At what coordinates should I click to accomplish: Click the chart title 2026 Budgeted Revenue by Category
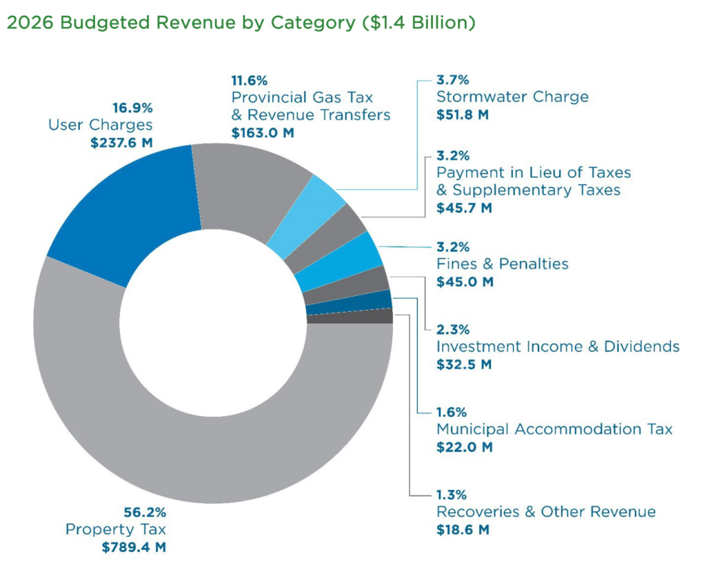[241, 23]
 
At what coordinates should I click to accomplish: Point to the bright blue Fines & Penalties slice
[338, 262]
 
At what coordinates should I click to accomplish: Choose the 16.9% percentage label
[132, 108]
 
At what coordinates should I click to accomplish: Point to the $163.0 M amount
[263, 131]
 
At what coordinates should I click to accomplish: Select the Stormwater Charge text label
[512, 97]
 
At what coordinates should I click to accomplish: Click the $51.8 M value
[463, 115]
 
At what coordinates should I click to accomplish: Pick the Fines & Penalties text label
[503, 264]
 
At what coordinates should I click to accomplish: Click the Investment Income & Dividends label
[558, 346]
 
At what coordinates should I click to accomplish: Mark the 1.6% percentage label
[452, 412]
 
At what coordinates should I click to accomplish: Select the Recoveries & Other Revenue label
[546, 512]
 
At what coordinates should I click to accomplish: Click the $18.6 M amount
[463, 530]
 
